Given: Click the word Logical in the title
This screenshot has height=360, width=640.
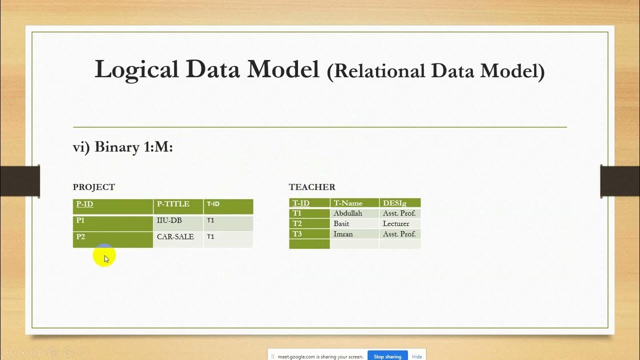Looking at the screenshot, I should (x=136, y=69).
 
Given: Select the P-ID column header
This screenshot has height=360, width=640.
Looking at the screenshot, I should (x=85, y=204).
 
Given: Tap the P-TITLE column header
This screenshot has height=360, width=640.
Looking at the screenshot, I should (x=173, y=204).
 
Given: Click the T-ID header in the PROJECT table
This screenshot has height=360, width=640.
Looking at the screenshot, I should (x=213, y=204).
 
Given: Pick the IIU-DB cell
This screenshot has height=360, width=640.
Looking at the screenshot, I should (x=169, y=220).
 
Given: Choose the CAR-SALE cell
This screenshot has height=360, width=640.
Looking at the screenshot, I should (x=175, y=236).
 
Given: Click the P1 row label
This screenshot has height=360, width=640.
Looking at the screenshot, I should (x=80, y=220).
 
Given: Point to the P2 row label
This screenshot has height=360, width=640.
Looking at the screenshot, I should (x=80, y=236).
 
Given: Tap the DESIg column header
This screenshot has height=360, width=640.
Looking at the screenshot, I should (x=394, y=203).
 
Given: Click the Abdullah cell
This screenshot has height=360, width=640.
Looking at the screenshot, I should (x=348, y=213).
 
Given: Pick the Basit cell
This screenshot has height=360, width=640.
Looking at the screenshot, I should (x=341, y=223).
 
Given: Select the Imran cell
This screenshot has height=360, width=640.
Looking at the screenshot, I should (x=343, y=234).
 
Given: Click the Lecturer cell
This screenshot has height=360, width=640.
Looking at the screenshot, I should (x=396, y=223).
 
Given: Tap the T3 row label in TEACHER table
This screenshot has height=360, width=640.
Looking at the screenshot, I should (x=297, y=234).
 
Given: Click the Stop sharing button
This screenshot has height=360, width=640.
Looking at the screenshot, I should (x=387, y=356).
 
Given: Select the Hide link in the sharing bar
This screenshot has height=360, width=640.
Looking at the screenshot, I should (x=417, y=356).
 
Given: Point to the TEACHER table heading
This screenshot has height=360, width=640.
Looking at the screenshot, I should (x=312, y=187).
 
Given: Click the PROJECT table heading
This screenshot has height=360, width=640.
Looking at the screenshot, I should (x=94, y=187).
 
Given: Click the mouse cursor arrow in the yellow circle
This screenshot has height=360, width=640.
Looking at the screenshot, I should (x=106, y=258).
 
